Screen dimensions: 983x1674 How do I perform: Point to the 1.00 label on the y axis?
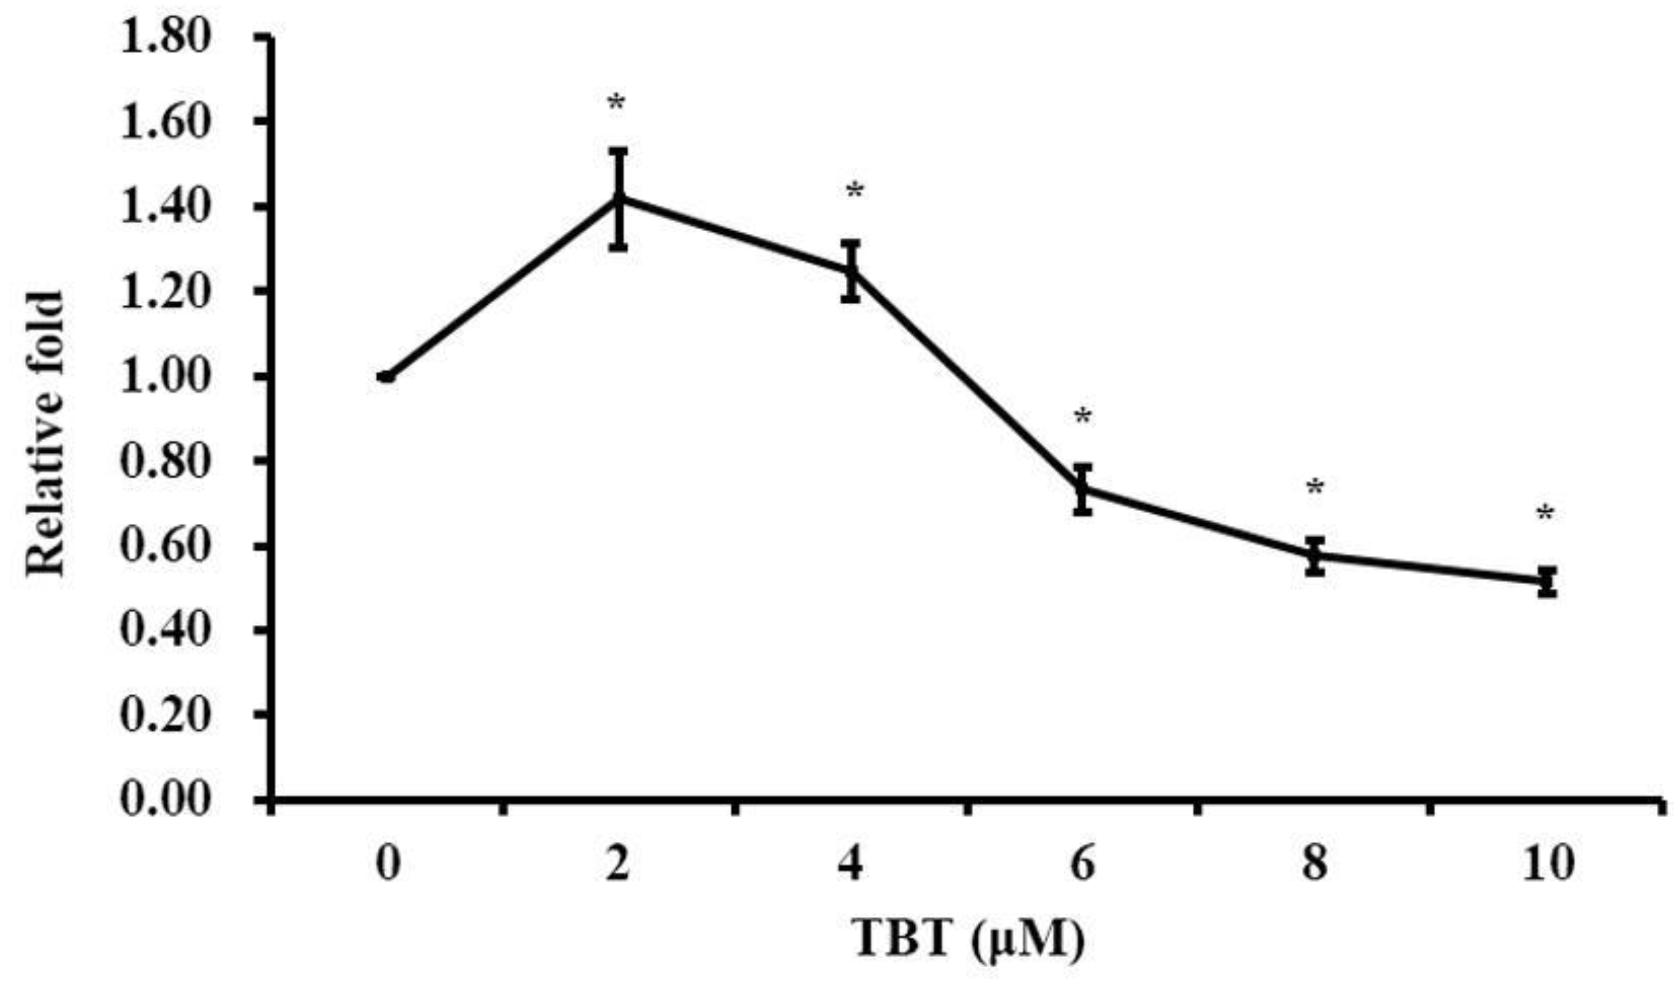click(x=164, y=375)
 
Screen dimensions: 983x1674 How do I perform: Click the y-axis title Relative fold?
click(x=45, y=435)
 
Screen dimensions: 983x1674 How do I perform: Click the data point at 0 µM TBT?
click(x=387, y=377)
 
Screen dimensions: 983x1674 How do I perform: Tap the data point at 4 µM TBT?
click(x=851, y=270)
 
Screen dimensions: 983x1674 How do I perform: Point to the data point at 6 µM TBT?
click(x=1083, y=489)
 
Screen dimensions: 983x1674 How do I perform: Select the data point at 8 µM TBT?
click(x=1314, y=555)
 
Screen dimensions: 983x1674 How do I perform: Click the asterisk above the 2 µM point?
click(x=617, y=104)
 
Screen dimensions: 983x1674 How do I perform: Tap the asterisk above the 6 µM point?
click(x=1083, y=418)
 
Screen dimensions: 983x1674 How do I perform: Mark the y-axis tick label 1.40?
click(x=164, y=207)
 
